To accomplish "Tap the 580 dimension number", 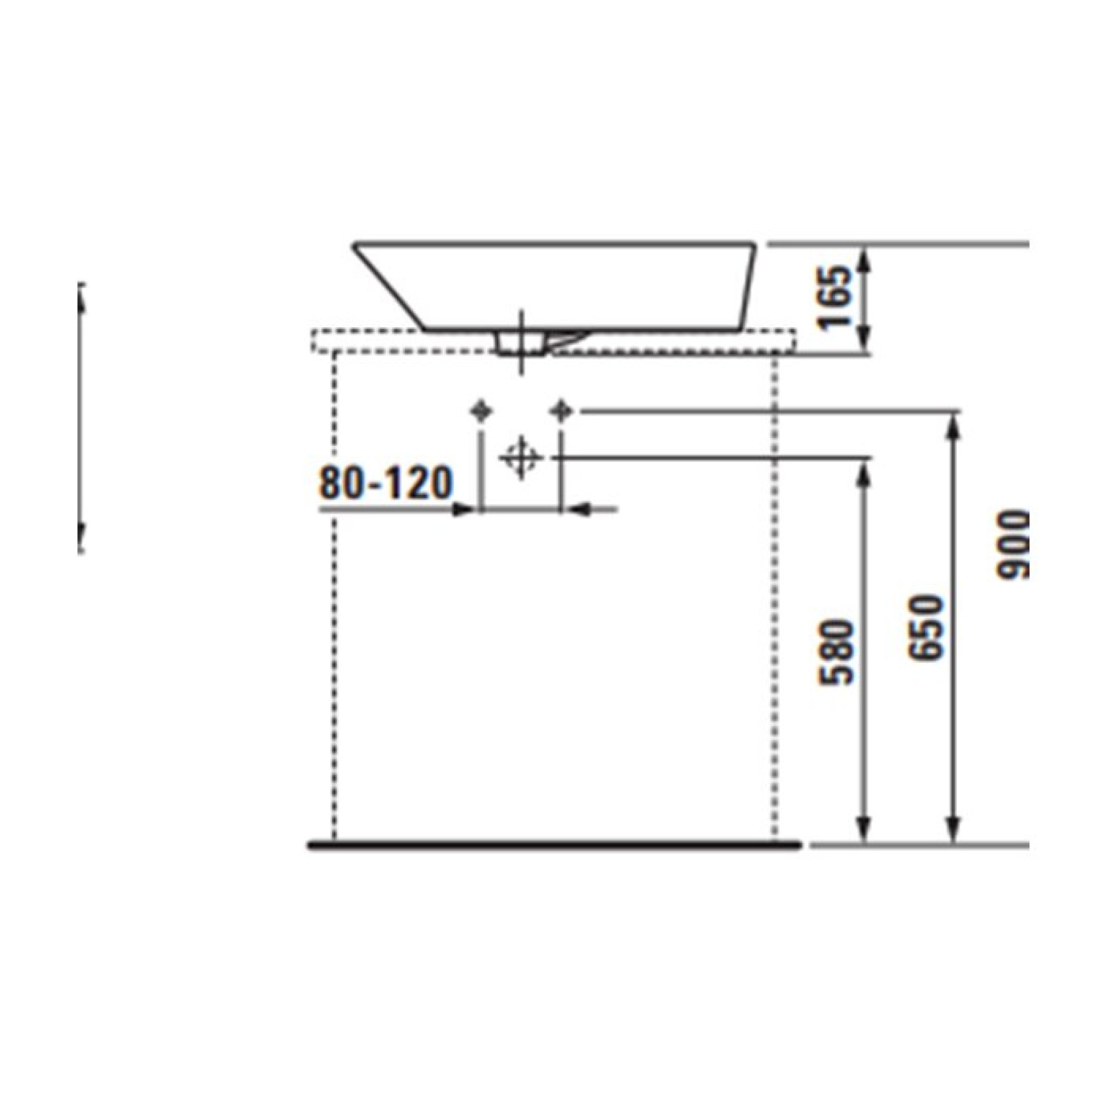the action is [839, 652].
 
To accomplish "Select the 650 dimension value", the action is [927, 627].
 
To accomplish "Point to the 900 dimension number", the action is [1013, 544].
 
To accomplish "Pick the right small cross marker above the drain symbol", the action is [561, 411].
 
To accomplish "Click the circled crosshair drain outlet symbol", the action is [520, 458].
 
